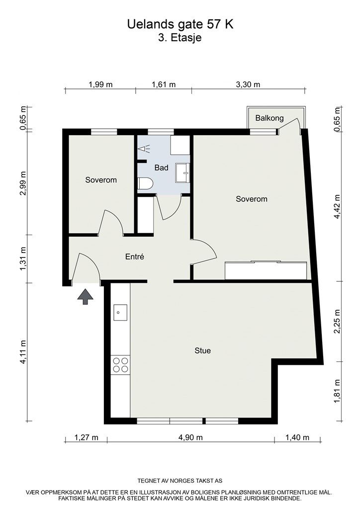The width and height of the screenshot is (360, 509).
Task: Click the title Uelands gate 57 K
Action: (180, 24)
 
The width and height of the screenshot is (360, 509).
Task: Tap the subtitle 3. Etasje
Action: (180, 38)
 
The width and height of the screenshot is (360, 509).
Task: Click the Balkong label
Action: (270, 118)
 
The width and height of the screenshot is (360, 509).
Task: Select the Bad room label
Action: (161, 168)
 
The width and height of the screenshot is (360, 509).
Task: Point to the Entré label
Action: (135, 257)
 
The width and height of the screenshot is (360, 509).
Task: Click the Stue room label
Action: (202, 350)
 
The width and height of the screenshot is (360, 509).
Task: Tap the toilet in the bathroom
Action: (145, 184)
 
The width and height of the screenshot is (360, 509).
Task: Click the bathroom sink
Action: (182, 172)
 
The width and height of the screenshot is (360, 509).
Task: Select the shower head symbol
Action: (144, 149)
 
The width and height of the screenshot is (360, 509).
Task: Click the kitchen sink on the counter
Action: (120, 313)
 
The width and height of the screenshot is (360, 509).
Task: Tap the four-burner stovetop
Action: (120, 365)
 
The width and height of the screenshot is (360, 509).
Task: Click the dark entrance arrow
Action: (86, 297)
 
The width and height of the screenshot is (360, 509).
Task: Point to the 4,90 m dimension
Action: (190, 437)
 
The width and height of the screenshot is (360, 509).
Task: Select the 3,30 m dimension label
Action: (248, 85)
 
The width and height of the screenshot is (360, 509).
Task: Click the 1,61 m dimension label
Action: (164, 85)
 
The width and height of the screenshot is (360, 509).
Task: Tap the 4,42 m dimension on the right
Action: (337, 206)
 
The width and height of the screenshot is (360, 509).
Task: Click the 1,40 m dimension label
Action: (297, 437)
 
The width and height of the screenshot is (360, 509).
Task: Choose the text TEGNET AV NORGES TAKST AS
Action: (180, 481)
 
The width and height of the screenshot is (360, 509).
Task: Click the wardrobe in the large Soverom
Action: (266, 270)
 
